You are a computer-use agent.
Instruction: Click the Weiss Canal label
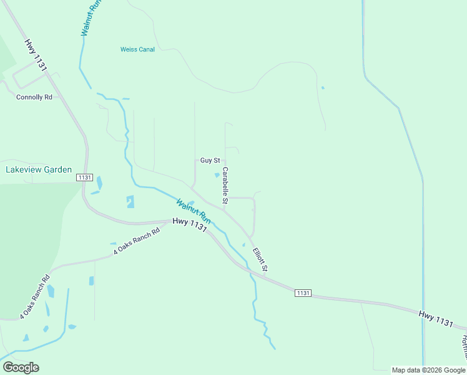pos(137,49)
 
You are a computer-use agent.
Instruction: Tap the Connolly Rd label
pos(34,97)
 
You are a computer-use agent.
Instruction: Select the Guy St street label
pos(210,161)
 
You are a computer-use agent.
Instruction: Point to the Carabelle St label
pos(225,185)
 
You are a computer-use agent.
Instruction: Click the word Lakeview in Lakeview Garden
pos(24,169)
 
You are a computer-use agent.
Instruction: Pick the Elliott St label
pos(260,260)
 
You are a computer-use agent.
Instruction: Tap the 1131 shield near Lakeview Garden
pos(85,178)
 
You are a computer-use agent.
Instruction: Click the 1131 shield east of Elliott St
pos(303,293)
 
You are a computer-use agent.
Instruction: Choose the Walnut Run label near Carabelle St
pos(194,212)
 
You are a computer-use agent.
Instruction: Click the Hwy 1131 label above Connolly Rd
pos(36,55)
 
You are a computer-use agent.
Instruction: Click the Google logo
pos(21,367)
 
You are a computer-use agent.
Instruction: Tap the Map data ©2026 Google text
pos(429,370)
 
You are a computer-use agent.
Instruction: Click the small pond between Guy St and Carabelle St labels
pos(217,174)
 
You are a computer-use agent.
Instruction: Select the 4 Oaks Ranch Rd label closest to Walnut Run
pos(137,241)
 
